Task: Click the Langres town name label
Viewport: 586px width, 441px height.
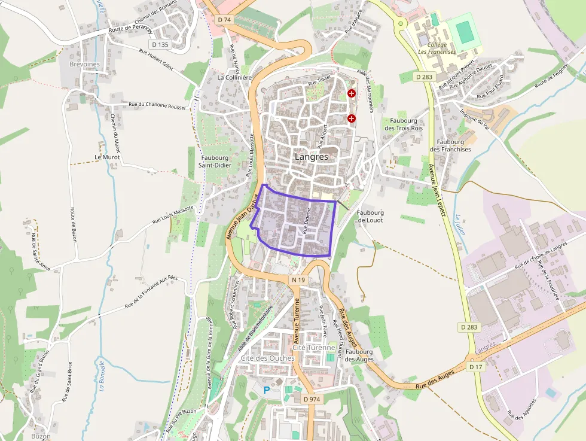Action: tap(311, 156)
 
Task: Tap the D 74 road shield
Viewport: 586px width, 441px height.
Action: tap(224, 20)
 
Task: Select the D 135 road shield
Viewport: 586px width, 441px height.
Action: tap(160, 44)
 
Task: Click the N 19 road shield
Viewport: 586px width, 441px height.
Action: tap(299, 280)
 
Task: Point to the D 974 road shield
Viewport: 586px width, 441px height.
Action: tap(312, 399)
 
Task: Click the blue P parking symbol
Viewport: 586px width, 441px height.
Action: tap(267, 390)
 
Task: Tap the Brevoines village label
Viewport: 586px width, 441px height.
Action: tap(84, 64)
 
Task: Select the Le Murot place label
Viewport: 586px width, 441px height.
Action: tap(107, 157)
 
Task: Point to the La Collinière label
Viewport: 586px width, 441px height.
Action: tap(234, 77)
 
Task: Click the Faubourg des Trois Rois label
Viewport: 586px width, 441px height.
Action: tap(404, 124)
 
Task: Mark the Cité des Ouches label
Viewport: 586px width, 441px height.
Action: tap(267, 358)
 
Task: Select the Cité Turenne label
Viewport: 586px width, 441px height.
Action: tap(314, 348)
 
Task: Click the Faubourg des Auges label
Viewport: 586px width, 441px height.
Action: tap(359, 355)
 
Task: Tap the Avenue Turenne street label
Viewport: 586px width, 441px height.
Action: tap(297, 317)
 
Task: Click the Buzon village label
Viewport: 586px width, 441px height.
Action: tap(41, 436)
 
